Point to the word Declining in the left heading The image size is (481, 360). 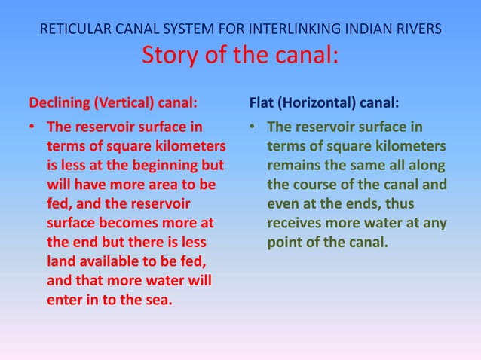pos(59,102)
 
